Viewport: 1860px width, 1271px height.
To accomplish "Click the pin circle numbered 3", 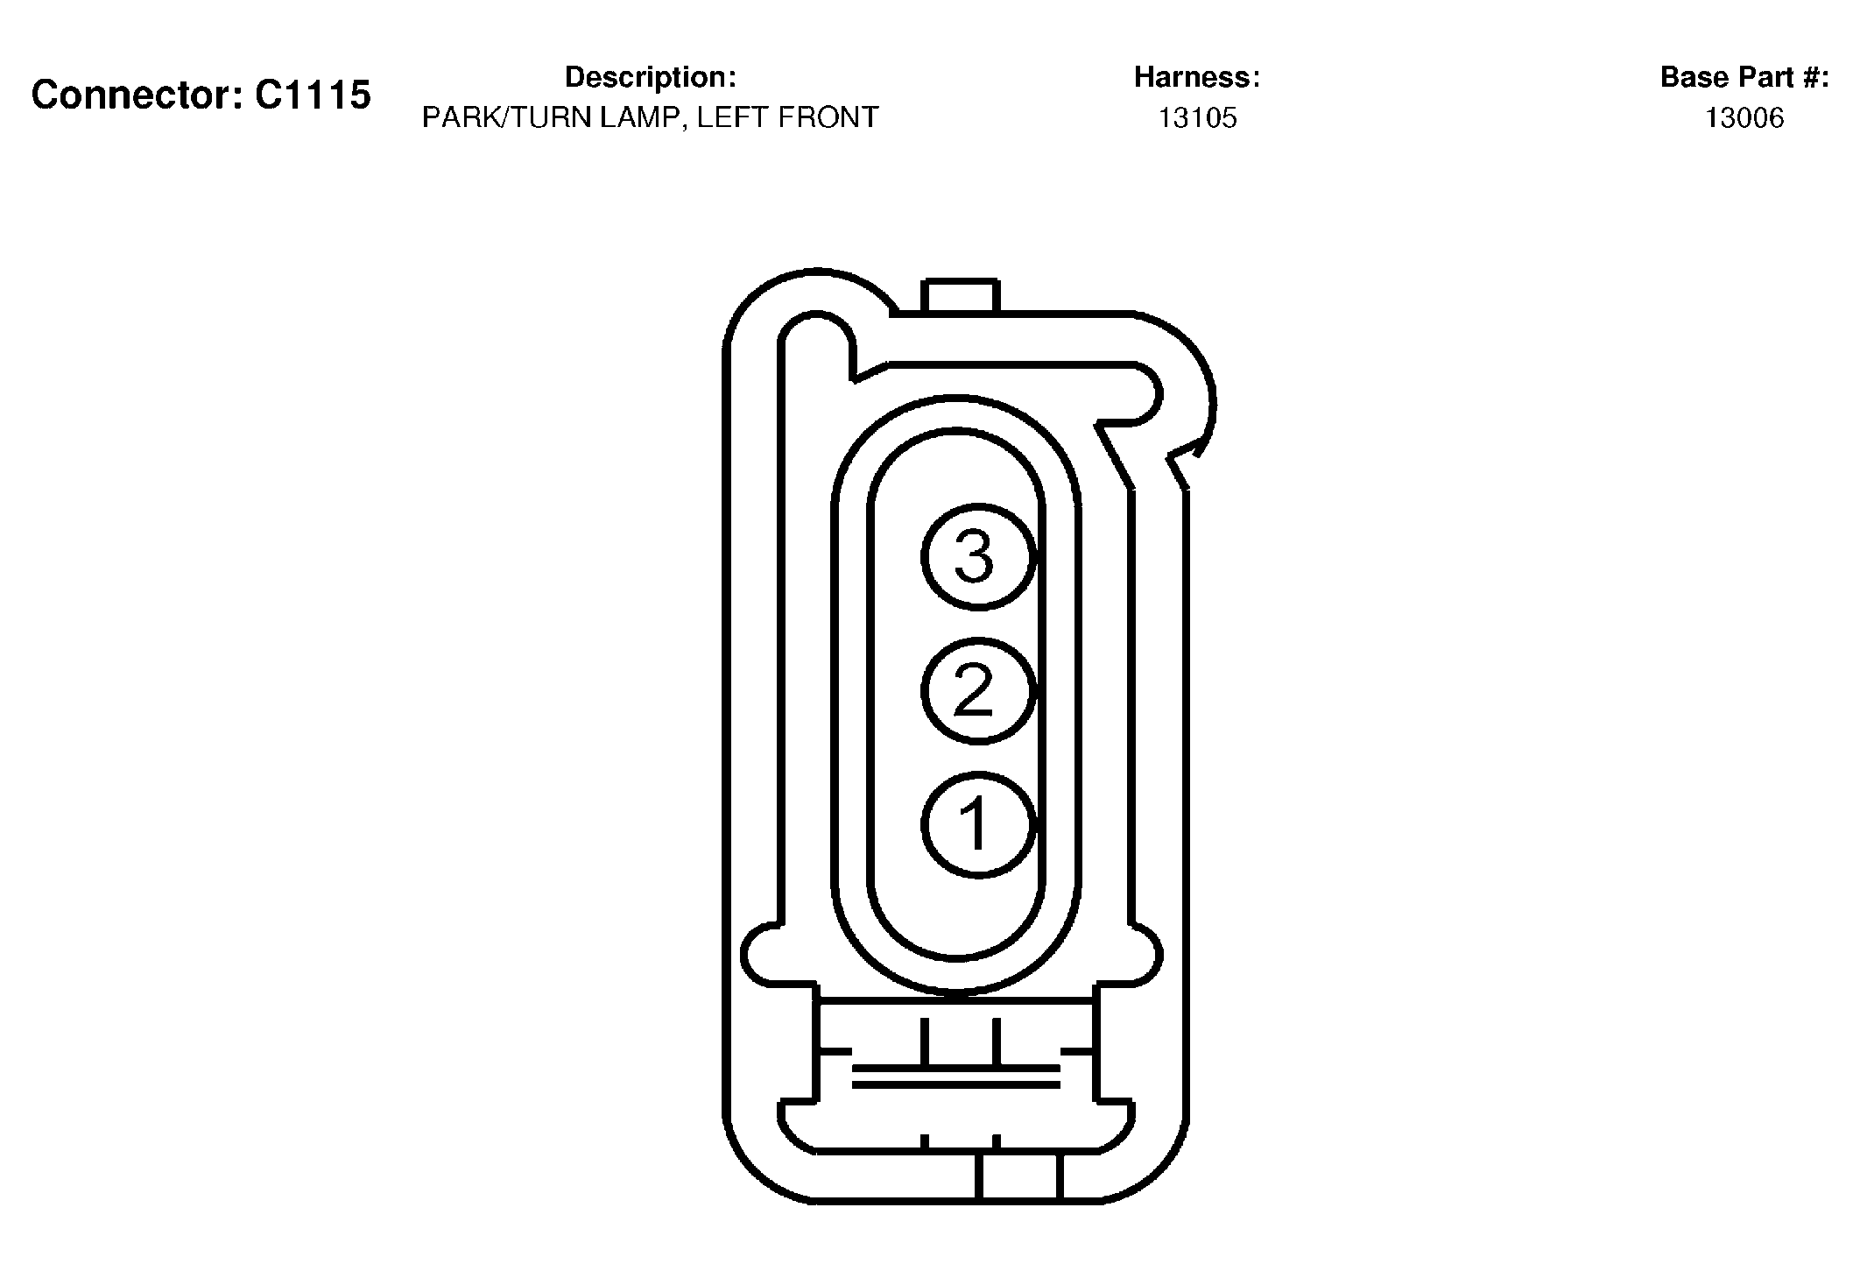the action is coord(978,556).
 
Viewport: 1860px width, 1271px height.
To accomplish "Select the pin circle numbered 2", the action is coord(978,690).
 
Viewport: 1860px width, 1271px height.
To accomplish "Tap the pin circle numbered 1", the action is coord(978,824).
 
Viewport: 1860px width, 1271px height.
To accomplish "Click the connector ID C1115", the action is coord(313,95).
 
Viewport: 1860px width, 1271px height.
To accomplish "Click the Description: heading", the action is coord(650,77).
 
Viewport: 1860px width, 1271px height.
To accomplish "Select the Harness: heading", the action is coord(1197,77).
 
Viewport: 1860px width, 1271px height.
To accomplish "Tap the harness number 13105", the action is coord(1198,117).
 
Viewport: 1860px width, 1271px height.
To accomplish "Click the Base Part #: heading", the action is coord(1744,77).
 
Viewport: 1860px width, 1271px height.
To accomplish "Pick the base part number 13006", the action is coord(1744,117).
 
